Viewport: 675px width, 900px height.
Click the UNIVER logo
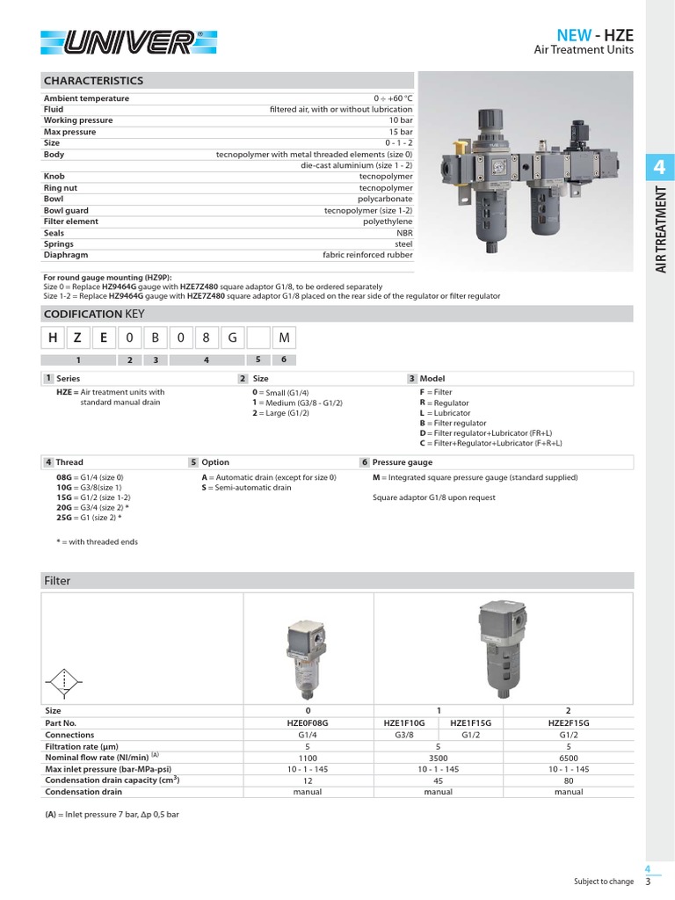(x=129, y=41)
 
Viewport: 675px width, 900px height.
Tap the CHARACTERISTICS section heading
(x=93, y=80)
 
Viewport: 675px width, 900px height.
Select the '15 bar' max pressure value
(x=400, y=132)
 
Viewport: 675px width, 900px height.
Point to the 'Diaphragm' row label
(x=67, y=255)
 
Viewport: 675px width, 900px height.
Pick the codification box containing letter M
(x=284, y=338)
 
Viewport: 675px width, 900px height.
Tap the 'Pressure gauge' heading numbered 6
(x=402, y=461)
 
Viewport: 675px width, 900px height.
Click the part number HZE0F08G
(x=308, y=722)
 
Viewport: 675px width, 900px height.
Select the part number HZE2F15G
(x=569, y=722)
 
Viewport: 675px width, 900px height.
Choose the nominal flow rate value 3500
(x=438, y=757)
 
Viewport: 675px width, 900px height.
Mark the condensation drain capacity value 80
(x=569, y=780)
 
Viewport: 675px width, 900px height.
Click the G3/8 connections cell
(x=404, y=735)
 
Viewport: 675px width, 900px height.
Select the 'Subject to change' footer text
(x=603, y=881)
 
